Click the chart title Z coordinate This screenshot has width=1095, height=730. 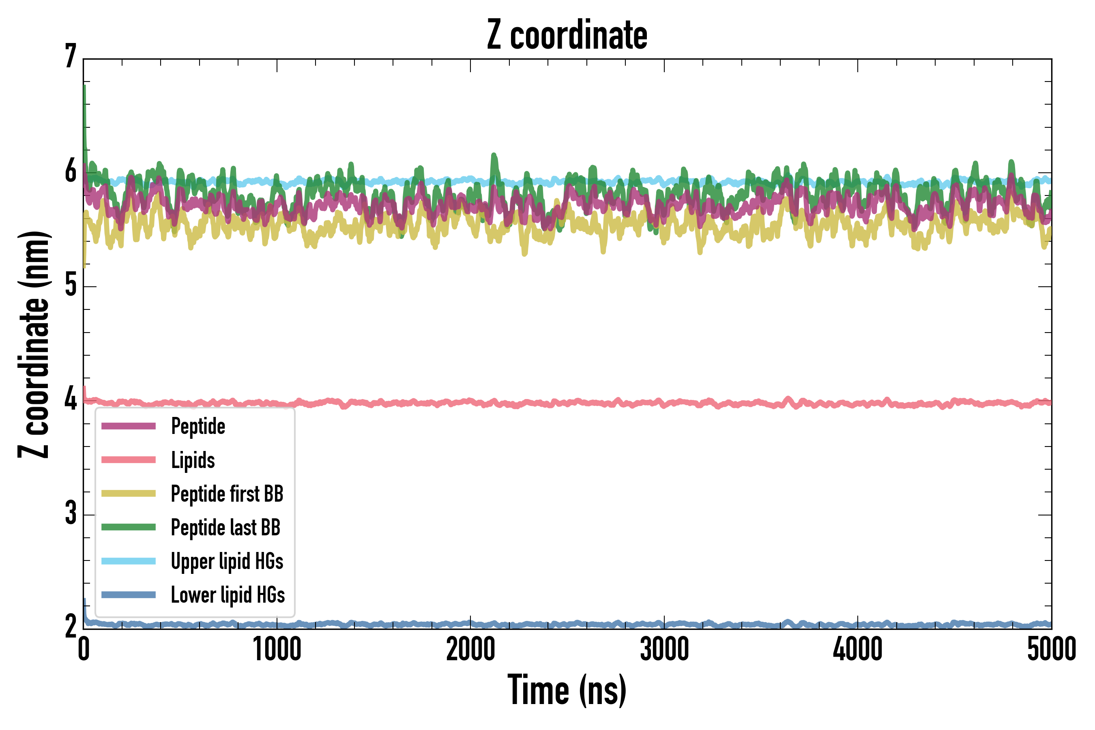pos(567,35)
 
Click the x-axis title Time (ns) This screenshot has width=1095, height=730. pos(567,690)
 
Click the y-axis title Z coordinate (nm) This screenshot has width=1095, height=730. pos(34,344)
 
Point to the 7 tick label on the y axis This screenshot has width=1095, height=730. pos(71,57)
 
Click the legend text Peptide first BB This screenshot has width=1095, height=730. pos(227,494)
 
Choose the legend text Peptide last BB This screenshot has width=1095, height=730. pos(225,528)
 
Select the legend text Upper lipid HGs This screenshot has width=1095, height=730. pos(227,561)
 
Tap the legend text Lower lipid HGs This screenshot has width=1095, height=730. pos(228,595)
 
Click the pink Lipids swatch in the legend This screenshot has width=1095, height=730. pos(129,460)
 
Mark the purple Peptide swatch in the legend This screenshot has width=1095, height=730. pos(129,426)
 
